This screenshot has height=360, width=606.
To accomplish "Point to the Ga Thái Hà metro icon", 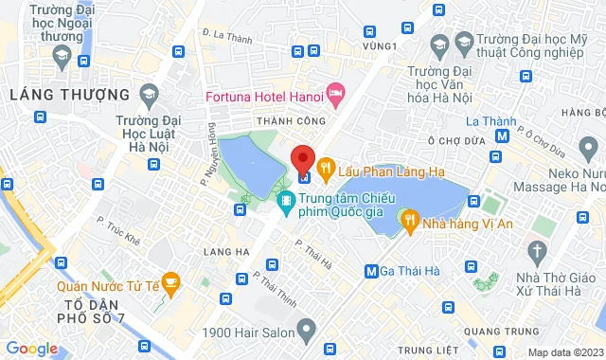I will [372, 272].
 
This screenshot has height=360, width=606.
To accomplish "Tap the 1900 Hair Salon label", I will [246, 333].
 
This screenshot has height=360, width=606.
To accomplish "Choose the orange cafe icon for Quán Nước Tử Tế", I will [170, 282].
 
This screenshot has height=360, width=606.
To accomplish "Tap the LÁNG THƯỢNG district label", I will [68, 95].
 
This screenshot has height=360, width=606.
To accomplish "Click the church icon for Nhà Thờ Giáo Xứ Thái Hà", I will [538, 252].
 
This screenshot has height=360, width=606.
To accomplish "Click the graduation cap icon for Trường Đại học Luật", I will [148, 93].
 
